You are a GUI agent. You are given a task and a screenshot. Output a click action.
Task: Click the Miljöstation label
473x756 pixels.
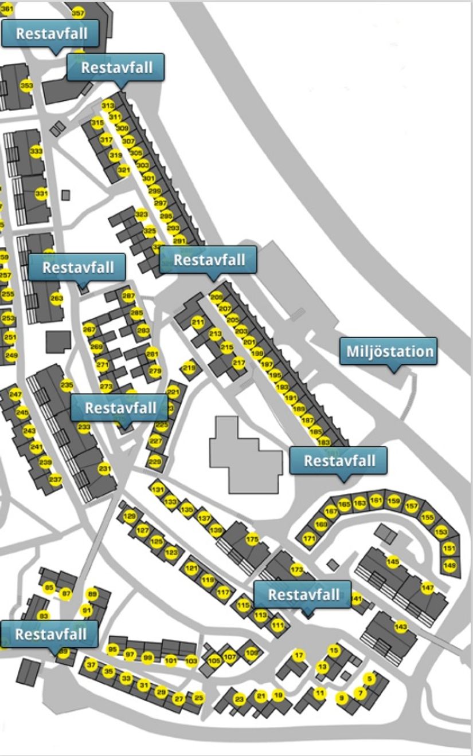[388, 351]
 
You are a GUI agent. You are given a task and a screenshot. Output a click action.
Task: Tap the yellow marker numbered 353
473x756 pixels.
[26, 86]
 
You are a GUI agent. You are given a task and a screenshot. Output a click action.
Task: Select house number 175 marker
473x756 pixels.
[252, 539]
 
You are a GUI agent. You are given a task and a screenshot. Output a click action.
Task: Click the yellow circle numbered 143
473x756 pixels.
[401, 627]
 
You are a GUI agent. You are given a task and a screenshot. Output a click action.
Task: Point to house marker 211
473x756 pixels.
[198, 322]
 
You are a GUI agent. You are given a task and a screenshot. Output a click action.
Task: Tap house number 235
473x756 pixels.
[67, 385]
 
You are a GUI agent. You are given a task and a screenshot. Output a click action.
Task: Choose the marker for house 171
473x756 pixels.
[310, 539]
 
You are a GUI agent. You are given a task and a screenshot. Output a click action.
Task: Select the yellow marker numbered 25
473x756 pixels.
[199, 698]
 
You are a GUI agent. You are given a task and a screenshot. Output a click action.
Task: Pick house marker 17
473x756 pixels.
[299, 655]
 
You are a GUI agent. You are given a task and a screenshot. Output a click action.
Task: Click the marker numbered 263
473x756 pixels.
[56, 298]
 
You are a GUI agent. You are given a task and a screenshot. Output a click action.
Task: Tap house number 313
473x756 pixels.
[108, 106]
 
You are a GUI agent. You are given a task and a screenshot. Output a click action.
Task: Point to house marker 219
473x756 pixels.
[189, 367]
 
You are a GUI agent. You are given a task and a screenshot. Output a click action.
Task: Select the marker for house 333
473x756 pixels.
[36, 152]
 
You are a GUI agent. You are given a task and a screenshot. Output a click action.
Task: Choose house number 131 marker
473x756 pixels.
[157, 490]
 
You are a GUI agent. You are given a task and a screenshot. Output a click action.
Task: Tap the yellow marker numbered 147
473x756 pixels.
[428, 588]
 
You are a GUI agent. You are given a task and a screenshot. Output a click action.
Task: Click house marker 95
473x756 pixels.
[113, 649]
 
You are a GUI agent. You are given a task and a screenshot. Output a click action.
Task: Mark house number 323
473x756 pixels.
[142, 215]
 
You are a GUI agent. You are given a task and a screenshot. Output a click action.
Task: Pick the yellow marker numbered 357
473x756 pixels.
[78, 13]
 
